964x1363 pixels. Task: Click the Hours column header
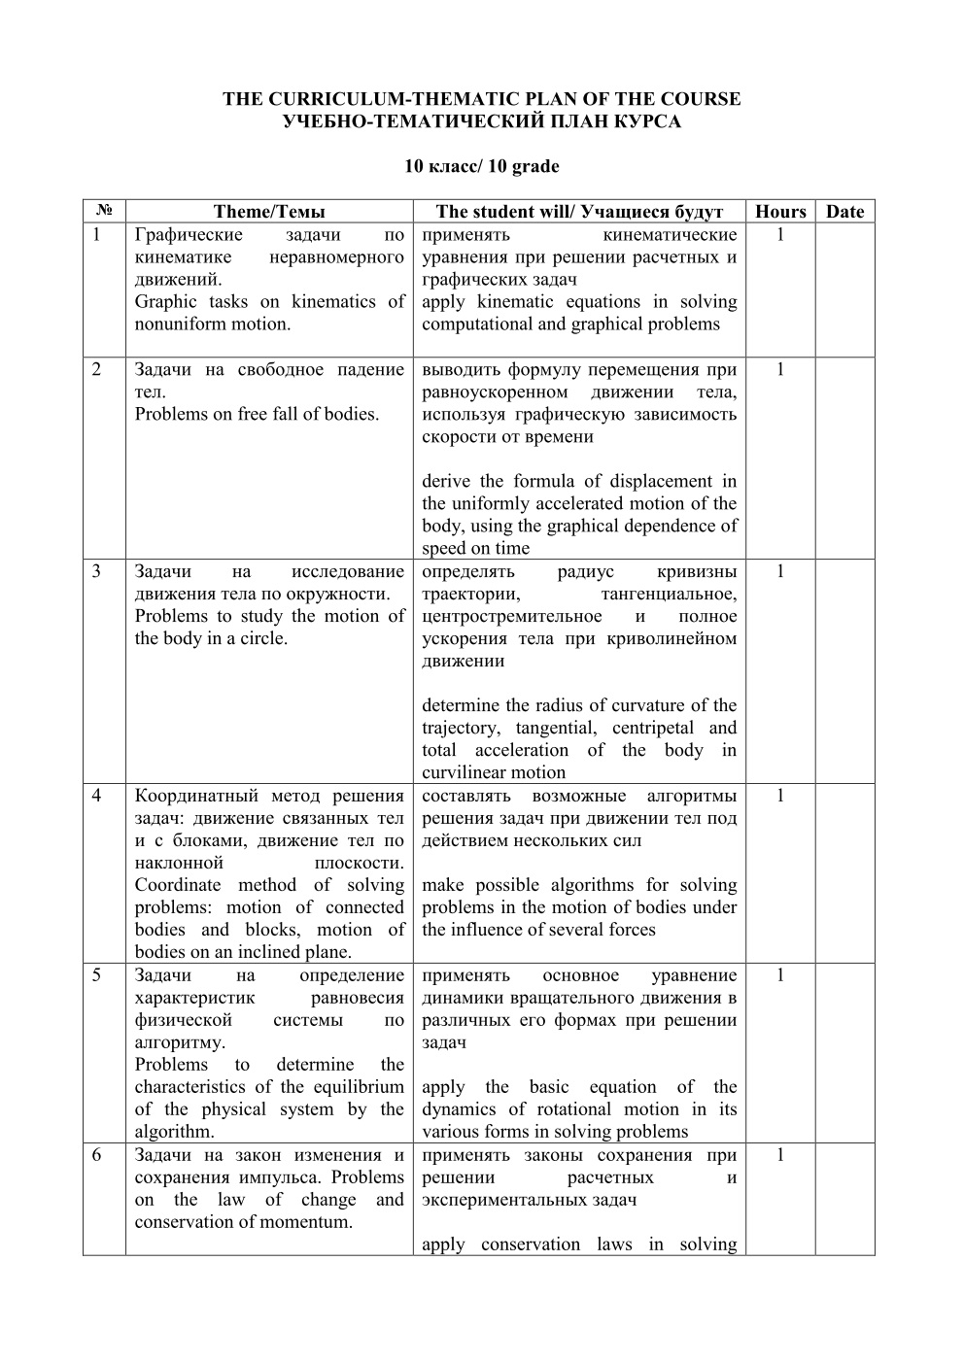[780, 212]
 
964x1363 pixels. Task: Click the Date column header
[844, 212]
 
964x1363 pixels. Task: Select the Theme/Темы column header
[269, 212]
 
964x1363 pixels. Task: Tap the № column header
[104, 212]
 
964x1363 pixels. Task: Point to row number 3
[96, 571]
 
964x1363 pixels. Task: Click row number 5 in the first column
[96, 975]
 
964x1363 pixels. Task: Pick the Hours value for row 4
[780, 796]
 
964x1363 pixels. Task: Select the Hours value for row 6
[780, 1155]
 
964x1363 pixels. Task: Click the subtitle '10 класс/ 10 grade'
[482, 166]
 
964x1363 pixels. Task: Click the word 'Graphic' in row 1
[167, 302]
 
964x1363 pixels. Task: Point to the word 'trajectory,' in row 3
[461, 729]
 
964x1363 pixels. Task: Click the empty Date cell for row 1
[844, 290]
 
